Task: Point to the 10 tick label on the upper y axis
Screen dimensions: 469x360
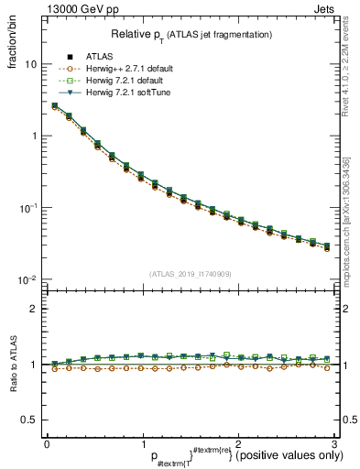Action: coord(30,65)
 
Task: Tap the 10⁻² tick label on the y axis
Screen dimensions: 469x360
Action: coord(27,279)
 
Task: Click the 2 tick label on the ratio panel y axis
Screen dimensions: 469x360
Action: coord(34,309)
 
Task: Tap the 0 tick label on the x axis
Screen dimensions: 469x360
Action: coord(47,443)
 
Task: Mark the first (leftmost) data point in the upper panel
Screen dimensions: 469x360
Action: coord(55,106)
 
